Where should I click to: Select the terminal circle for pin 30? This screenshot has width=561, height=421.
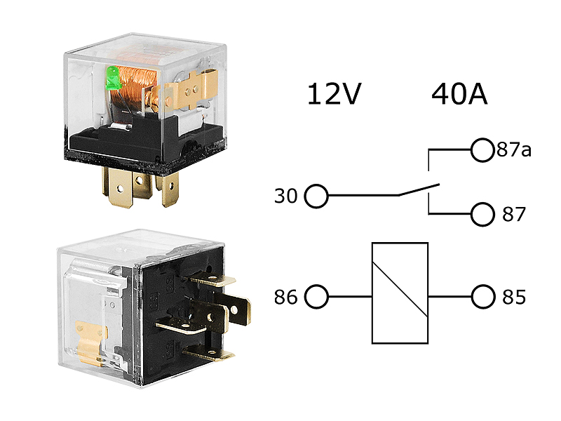point(317,196)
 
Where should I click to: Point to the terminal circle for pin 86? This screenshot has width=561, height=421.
point(317,297)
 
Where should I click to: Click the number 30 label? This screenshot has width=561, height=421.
point(286,196)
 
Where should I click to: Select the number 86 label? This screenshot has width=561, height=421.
point(286,298)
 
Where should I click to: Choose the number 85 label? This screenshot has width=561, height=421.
point(514,298)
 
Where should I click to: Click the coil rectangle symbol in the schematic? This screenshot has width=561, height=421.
point(400,293)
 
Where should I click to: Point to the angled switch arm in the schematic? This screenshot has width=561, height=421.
point(419,189)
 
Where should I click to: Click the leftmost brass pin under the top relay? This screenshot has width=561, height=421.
point(116,187)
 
